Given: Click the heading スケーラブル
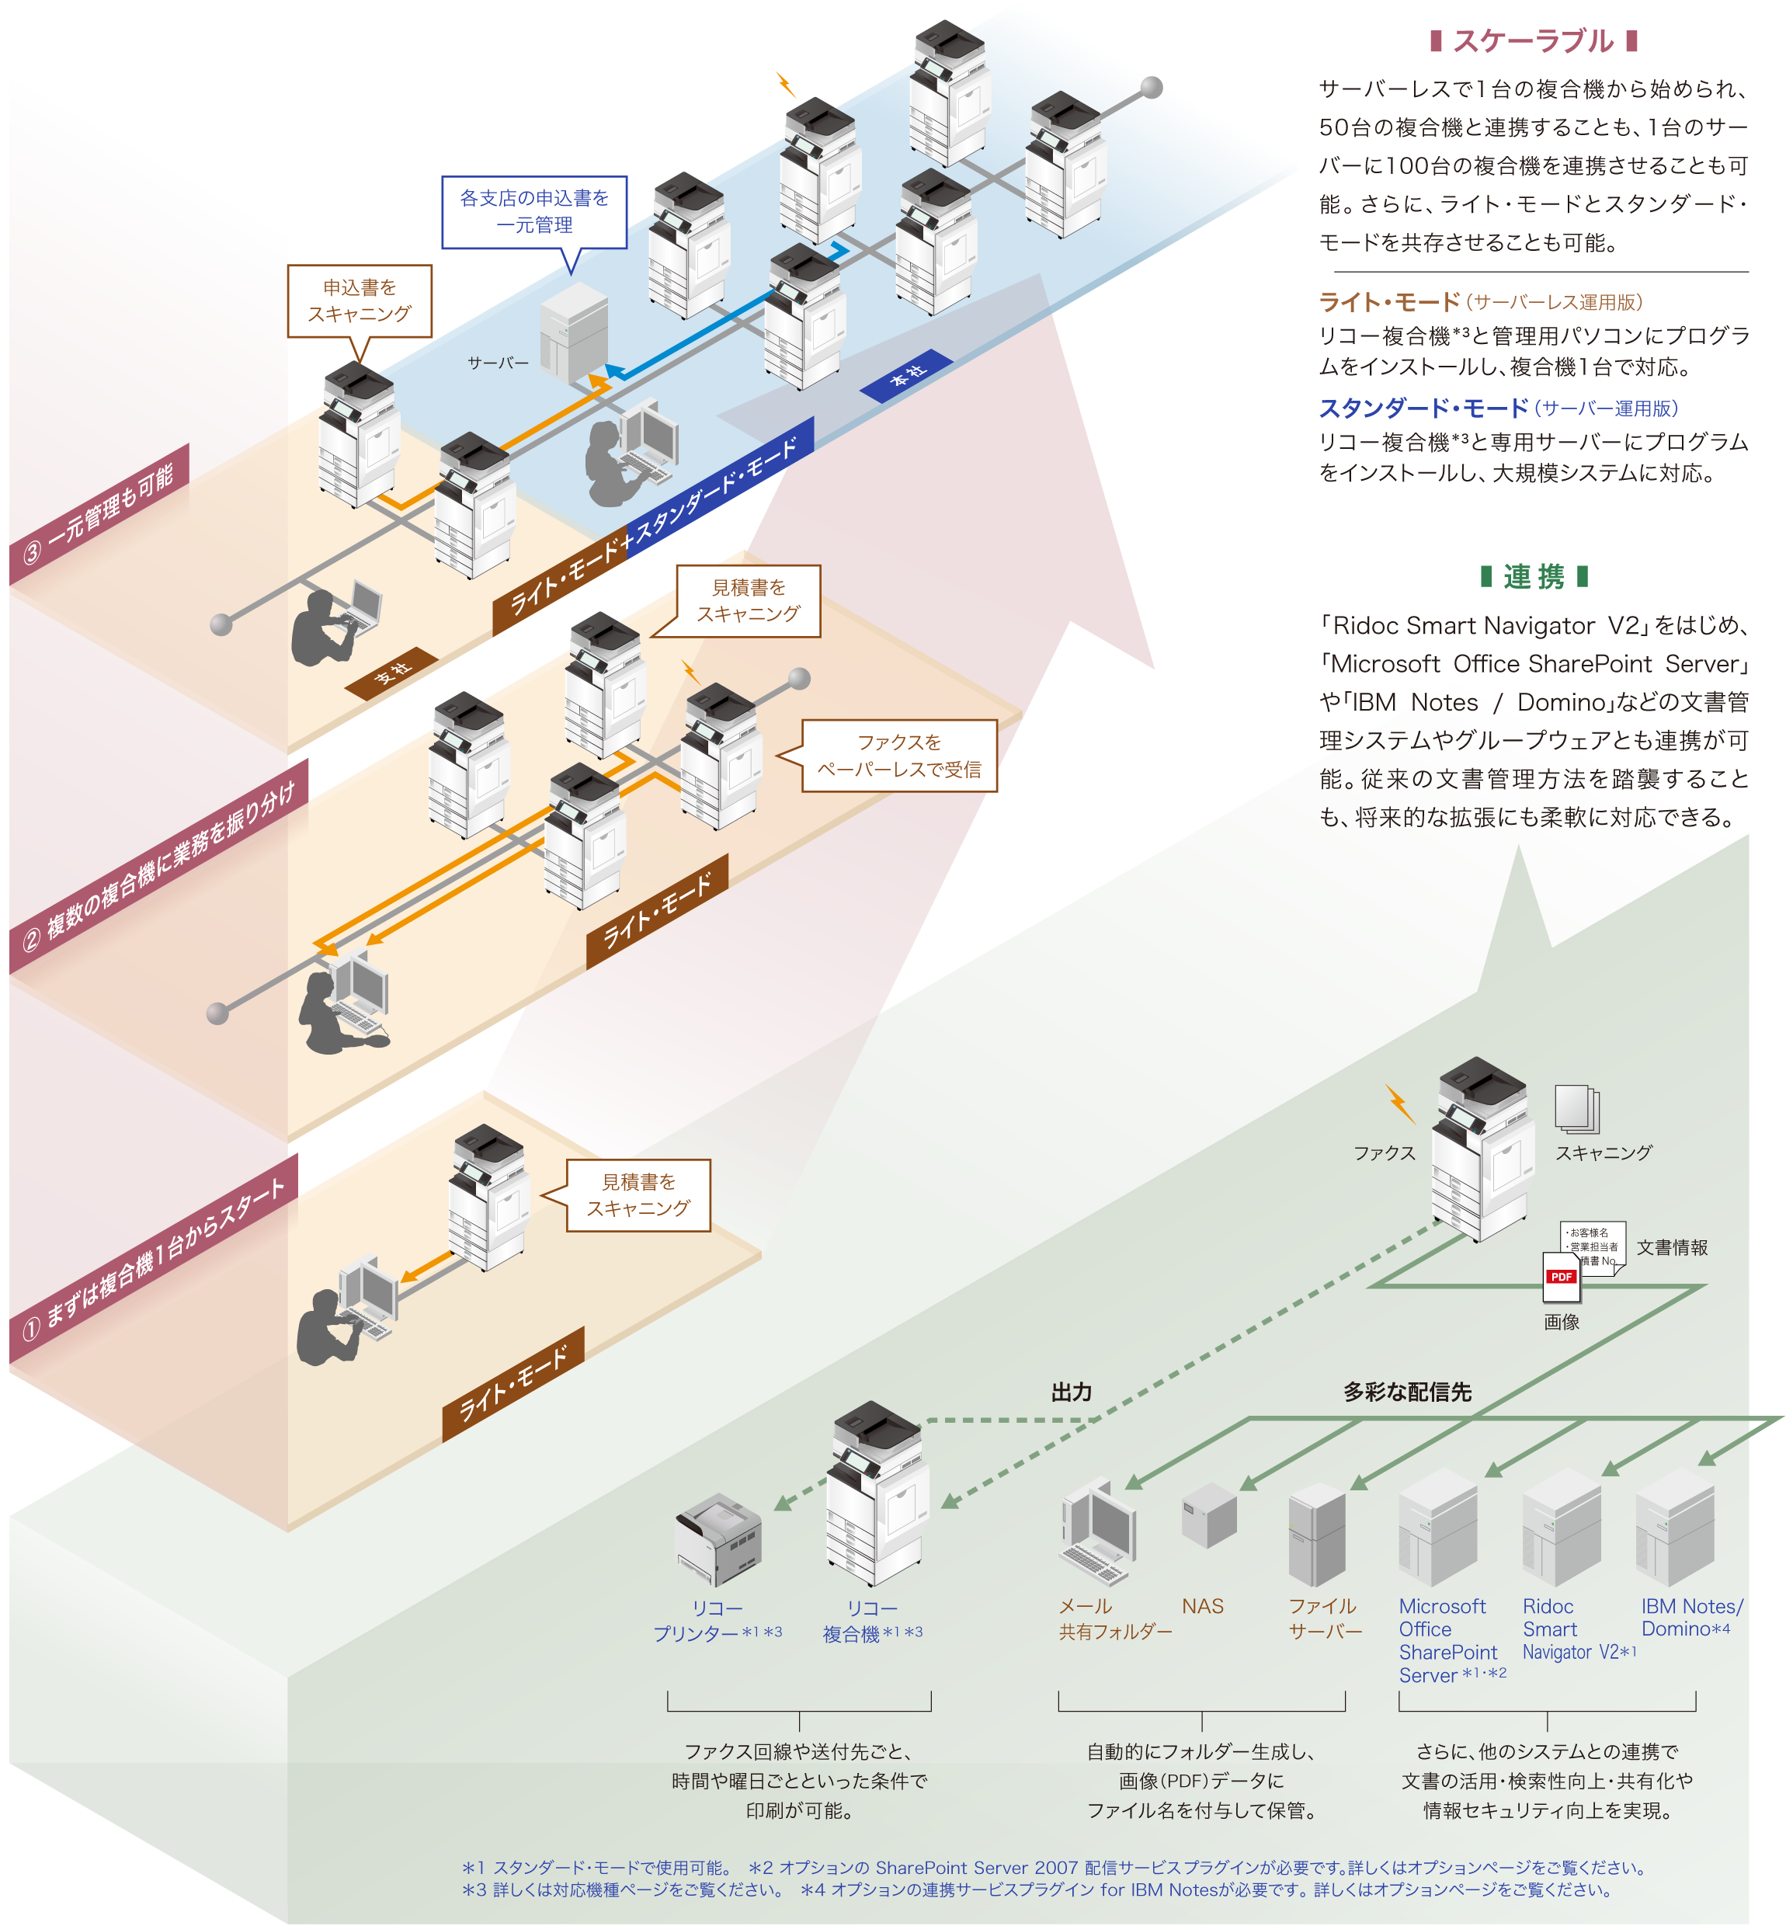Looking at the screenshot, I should click(x=1533, y=42).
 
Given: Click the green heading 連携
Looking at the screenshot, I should click(x=1534, y=577).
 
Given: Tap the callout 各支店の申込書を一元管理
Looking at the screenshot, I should click(x=534, y=212).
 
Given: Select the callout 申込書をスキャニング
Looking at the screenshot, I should click(x=360, y=301).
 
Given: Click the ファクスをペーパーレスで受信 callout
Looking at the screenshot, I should click(x=898, y=756).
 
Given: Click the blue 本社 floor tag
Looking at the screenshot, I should click(x=906, y=375).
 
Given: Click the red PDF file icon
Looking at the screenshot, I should click(x=1561, y=1278).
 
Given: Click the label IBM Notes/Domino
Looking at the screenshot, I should click(x=1691, y=1618).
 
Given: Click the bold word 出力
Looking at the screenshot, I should click(x=1071, y=1392).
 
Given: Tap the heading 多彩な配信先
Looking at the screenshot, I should click(x=1407, y=1392).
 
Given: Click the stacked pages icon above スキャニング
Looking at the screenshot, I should click(x=1576, y=1107).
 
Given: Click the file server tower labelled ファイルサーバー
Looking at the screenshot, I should click(x=1316, y=1533).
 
